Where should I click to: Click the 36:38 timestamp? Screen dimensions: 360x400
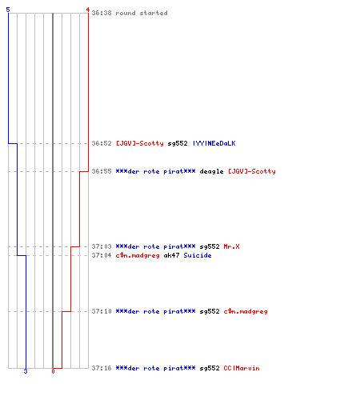102,13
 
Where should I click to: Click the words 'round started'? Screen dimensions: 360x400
142,13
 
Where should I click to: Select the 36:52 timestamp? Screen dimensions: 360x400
102,143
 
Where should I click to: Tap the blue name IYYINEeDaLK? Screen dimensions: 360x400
214,143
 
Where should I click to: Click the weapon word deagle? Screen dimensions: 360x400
211,171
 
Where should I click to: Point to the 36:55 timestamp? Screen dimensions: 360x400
102,171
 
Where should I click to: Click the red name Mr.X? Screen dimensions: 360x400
231,246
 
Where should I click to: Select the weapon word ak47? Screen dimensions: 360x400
171,255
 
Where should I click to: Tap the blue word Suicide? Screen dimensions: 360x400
198,255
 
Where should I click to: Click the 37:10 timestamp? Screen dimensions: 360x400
102,311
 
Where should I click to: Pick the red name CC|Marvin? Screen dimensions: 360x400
242,368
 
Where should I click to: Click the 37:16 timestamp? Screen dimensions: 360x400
102,368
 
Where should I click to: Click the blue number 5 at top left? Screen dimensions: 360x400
8,10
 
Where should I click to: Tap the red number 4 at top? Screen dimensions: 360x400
88,10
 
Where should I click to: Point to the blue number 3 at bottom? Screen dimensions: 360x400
26,371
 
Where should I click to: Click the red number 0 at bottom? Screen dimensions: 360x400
53,371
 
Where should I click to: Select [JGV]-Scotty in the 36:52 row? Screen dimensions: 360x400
140,143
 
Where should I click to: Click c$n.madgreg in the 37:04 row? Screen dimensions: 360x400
138,255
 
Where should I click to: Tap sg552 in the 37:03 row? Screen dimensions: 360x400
210,247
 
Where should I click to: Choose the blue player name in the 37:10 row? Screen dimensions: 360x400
155,311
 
